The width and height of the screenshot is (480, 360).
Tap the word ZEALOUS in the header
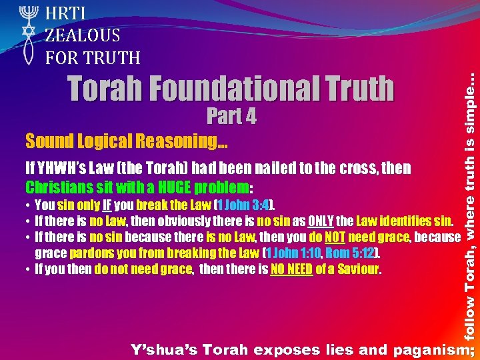[x=83, y=35]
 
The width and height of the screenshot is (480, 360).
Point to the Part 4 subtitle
[x=231, y=116]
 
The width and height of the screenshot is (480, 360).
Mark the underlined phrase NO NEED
[x=291, y=269]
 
